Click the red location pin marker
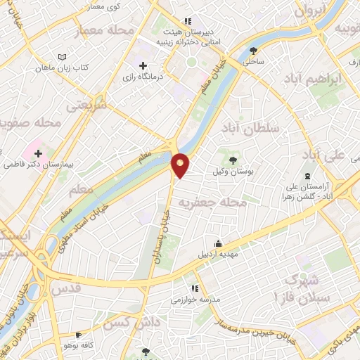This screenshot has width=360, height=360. [x=181, y=165]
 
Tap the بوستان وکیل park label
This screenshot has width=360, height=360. [x=232, y=172]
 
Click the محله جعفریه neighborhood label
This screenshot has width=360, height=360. [x=221, y=202]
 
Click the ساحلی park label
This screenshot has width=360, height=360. [x=253, y=62]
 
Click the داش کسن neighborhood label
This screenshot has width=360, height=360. [x=127, y=324]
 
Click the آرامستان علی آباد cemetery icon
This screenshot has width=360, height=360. [x=307, y=176]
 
